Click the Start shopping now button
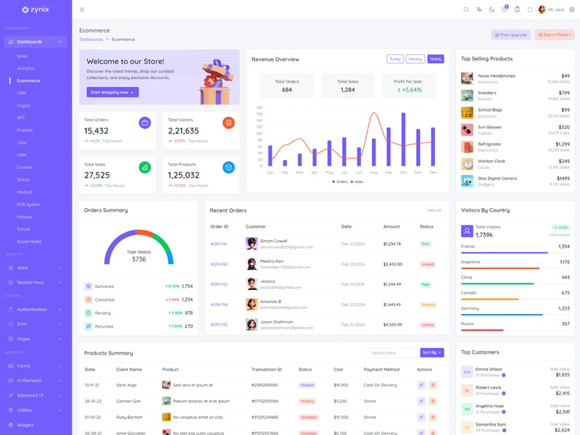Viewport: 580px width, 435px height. pyautogui.click(x=112, y=92)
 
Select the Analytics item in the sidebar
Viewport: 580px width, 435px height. pyautogui.click(x=25, y=68)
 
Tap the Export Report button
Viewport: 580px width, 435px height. pyautogui.click(x=555, y=35)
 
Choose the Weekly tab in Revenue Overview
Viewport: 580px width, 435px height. pyautogui.click(x=415, y=59)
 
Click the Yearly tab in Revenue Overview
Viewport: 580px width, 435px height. pyautogui.click(x=436, y=59)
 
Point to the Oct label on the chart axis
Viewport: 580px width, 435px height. pyautogui.click(x=403, y=173)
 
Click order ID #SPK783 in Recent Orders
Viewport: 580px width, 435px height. pyautogui.click(x=219, y=284)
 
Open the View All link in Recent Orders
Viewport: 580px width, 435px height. pyautogui.click(x=434, y=210)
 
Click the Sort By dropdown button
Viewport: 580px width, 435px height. pyautogui.click(x=431, y=352)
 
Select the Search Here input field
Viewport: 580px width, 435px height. pyautogui.click(x=392, y=352)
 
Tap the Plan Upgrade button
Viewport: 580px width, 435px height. pyautogui.click(x=510, y=35)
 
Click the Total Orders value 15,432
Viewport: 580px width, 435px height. pyautogui.click(x=96, y=131)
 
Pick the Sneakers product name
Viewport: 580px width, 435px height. pyautogui.click(x=487, y=93)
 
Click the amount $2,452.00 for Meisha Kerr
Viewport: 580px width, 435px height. pyautogui.click(x=392, y=264)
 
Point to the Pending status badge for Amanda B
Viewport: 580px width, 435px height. pyautogui.click(x=428, y=304)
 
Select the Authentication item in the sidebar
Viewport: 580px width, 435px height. pyautogui.click(x=32, y=310)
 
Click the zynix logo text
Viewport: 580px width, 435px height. pyautogui.click(x=41, y=9)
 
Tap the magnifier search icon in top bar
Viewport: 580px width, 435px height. pyautogui.click(x=466, y=9)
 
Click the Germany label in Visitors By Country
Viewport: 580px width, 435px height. pyautogui.click(x=470, y=308)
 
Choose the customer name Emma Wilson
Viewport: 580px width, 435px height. pyautogui.click(x=489, y=369)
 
